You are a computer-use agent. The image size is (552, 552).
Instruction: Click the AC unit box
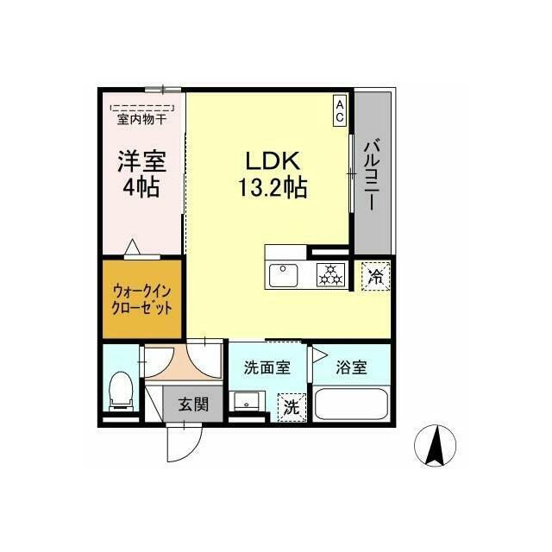point(339,111)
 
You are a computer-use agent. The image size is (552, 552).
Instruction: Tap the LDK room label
point(273,161)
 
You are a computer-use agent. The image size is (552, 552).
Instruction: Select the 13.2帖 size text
point(273,187)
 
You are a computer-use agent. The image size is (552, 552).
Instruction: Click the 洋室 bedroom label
point(141,161)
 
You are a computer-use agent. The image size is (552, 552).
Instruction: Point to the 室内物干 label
point(141,120)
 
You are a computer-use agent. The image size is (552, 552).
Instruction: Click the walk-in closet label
point(141,300)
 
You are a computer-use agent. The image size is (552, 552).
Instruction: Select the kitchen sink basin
point(283,275)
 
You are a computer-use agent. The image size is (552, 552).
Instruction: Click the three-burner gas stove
point(330,275)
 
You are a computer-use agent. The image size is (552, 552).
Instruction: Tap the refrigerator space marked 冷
point(376,276)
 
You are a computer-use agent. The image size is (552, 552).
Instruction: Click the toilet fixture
point(121,391)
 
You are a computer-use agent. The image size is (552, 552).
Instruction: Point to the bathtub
point(351,405)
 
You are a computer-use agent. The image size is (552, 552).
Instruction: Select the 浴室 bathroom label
point(351,367)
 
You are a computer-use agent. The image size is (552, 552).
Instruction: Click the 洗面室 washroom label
point(267,367)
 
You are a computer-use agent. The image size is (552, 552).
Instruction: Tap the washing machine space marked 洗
point(292,407)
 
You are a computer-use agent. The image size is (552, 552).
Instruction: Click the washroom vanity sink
point(247,401)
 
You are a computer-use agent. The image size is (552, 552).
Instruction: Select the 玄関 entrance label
point(193,404)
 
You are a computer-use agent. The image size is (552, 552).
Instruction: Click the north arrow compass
point(435,445)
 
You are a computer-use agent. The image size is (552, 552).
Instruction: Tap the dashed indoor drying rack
point(142,108)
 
